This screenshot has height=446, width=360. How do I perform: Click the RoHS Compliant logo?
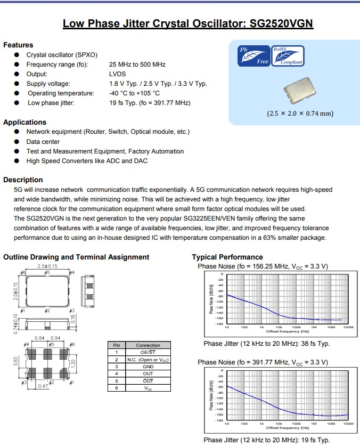pyautogui.click(x=288, y=55)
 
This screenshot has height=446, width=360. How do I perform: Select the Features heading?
pyautogui.click(x=18, y=45)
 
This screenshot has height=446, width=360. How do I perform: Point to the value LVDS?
pyautogui.click(x=118, y=74)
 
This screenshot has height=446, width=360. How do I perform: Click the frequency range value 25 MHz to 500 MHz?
pyautogui.click(x=137, y=64)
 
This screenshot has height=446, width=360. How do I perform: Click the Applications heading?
pyautogui.click(x=24, y=122)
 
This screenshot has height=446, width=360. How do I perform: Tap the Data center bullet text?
pyautogui.click(x=43, y=142)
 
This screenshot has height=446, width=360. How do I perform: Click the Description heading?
pyautogui.click(x=23, y=180)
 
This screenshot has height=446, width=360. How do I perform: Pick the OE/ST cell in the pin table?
pyautogui.click(x=148, y=352)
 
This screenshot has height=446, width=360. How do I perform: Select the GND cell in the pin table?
pyautogui.click(x=148, y=367)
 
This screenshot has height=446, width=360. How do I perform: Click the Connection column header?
pyautogui.click(x=148, y=345)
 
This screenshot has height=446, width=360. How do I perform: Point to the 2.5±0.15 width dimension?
pyautogui.click(x=47, y=266)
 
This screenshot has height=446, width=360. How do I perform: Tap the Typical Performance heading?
pyautogui.click(x=227, y=257)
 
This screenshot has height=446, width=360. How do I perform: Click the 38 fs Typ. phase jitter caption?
pyautogui.click(x=266, y=344)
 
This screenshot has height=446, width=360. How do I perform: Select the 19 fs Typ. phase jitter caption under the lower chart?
pyautogui.click(x=266, y=440)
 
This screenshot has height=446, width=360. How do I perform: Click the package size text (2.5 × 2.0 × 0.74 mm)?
pyautogui.click(x=300, y=113)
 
